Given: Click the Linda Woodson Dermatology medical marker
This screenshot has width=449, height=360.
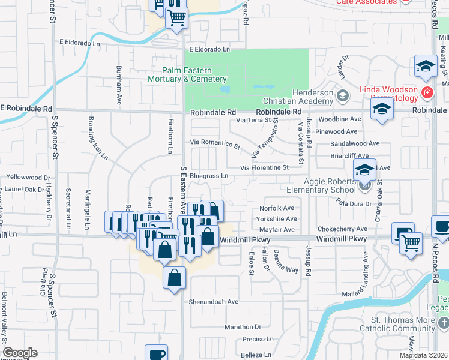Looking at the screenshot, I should [427, 92].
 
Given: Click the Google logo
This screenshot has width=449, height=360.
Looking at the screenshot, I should [20, 353].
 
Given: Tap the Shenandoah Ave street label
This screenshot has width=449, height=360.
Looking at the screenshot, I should [214, 302].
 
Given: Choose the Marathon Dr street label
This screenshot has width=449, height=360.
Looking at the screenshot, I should [243, 327].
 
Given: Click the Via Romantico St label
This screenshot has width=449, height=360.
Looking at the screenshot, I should [215, 144].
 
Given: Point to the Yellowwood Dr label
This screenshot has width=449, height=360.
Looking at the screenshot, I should [28, 178].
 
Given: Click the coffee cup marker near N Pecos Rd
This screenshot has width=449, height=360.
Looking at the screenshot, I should [442, 229].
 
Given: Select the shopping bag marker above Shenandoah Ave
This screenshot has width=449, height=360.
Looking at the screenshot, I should [173, 278].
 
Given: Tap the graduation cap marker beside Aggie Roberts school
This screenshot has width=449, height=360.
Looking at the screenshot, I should [364, 170].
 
